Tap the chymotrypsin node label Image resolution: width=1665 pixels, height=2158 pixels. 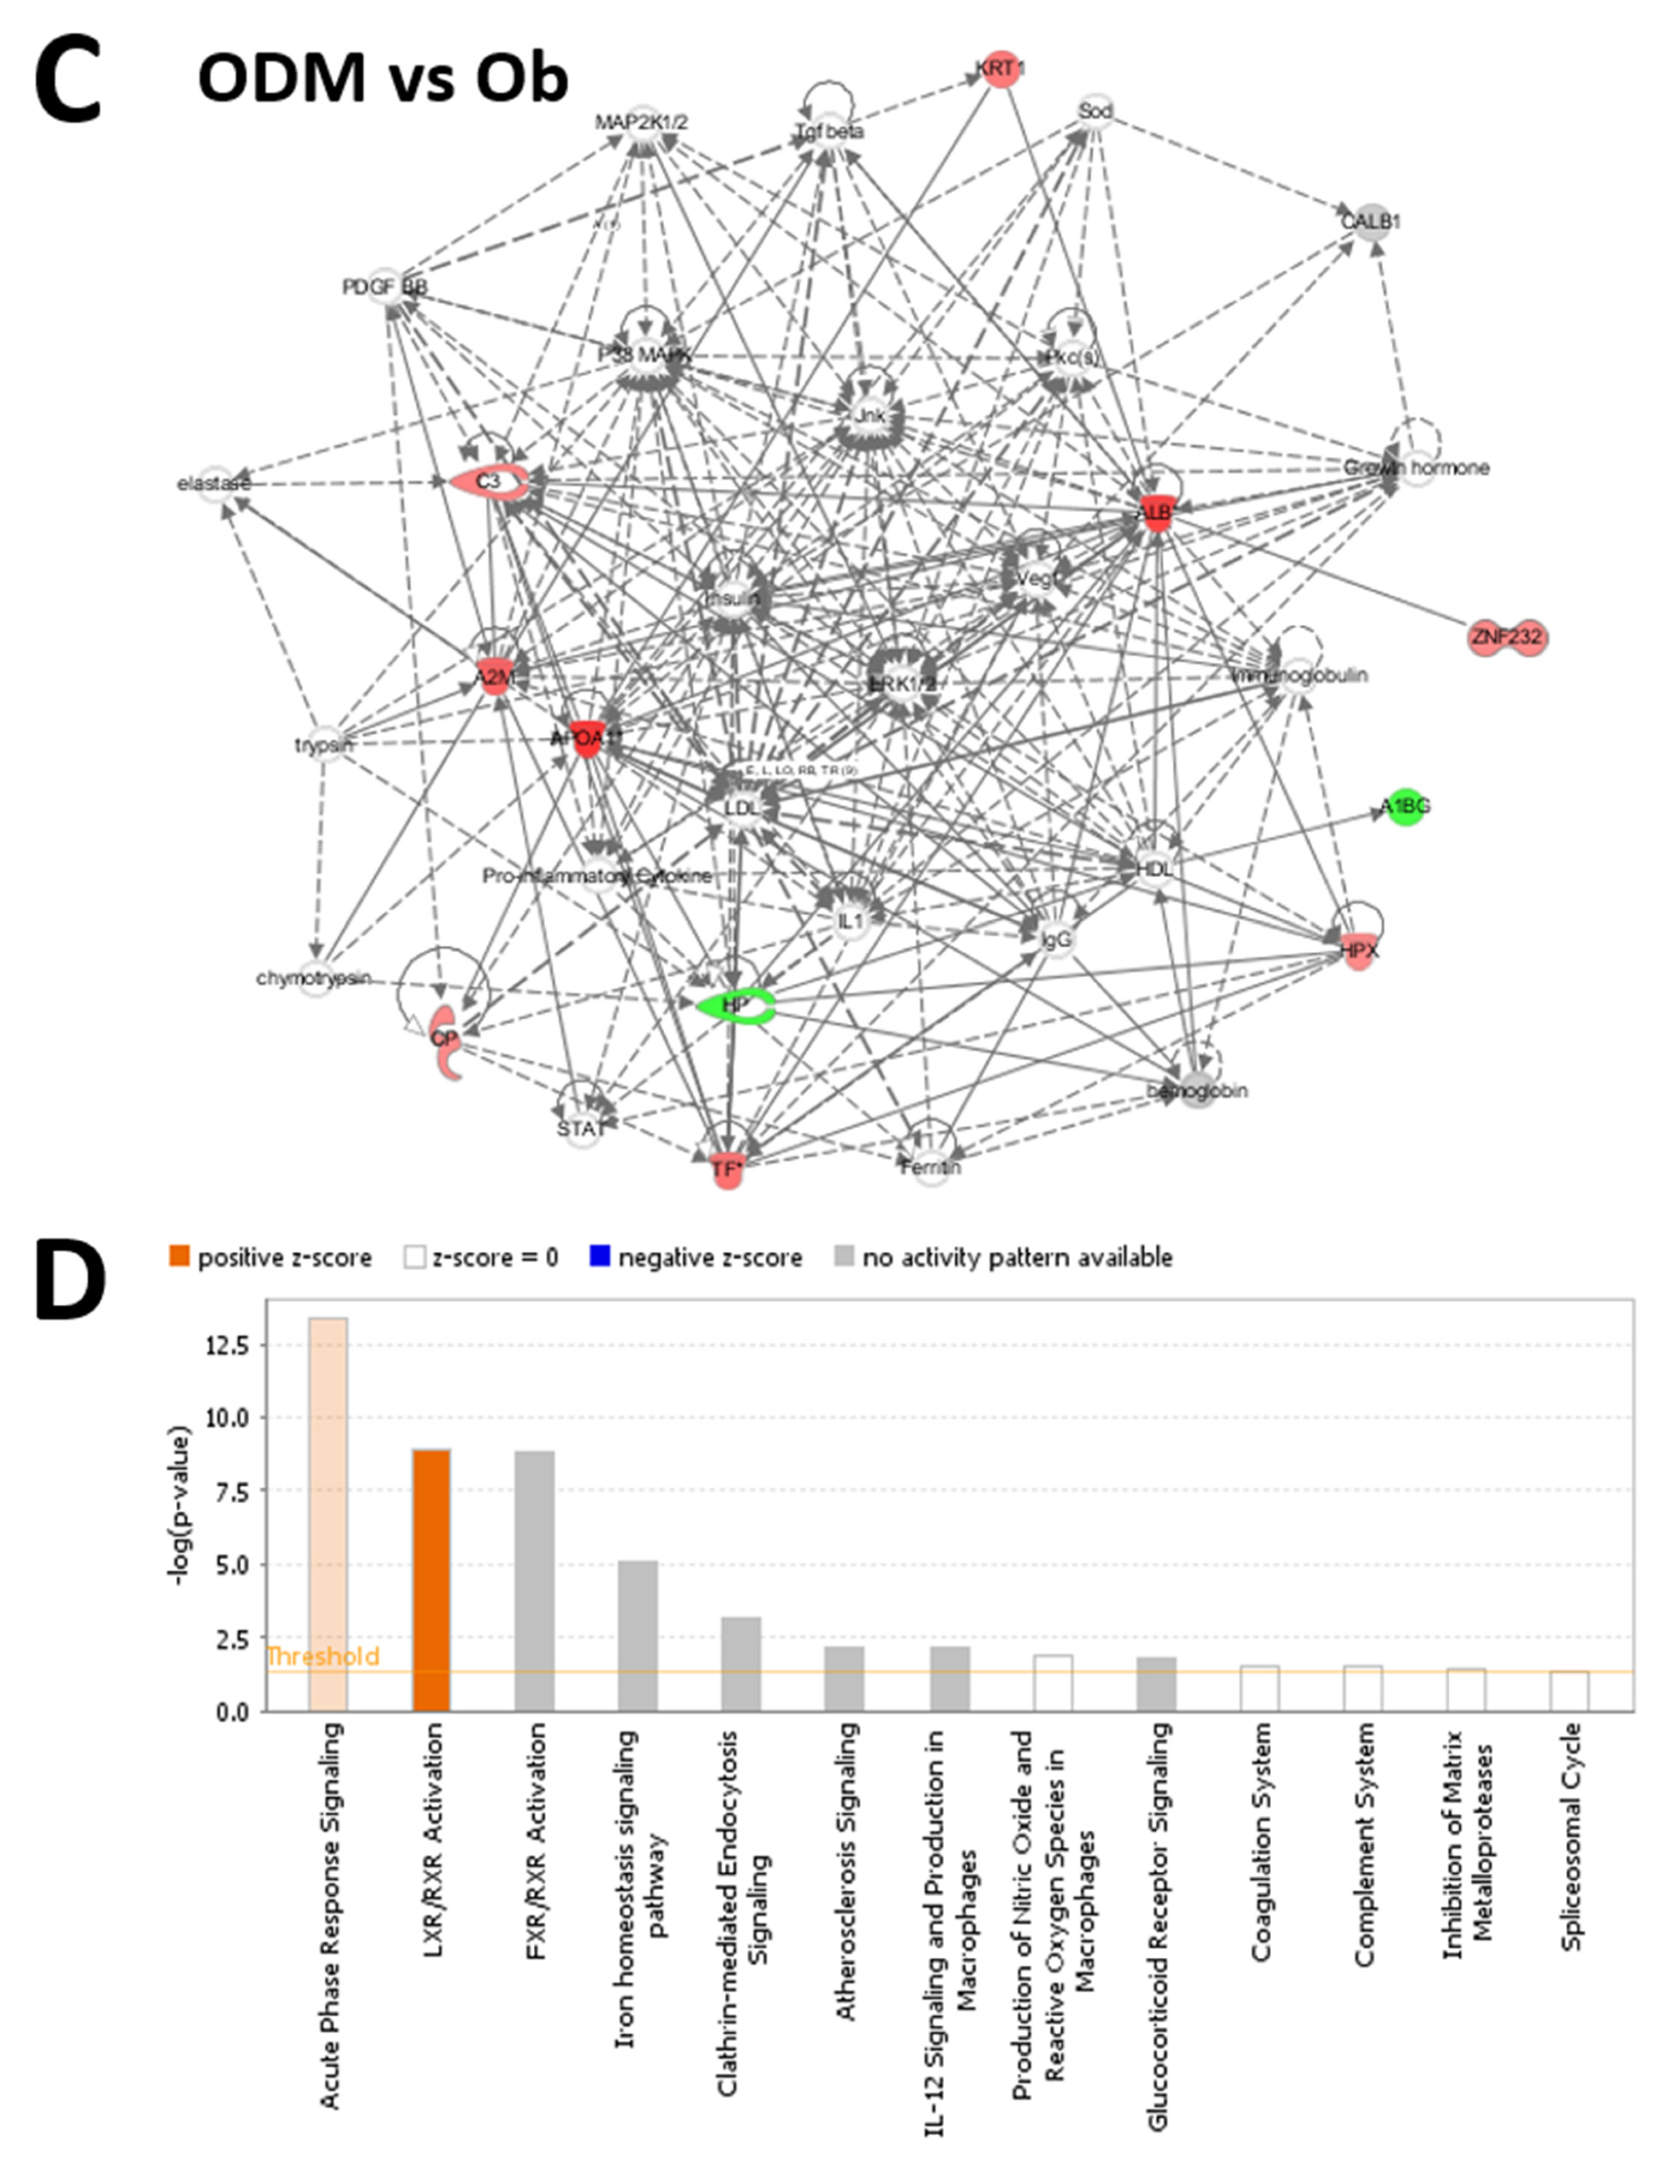(313, 978)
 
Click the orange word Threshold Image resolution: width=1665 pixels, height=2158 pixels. (323, 1657)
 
